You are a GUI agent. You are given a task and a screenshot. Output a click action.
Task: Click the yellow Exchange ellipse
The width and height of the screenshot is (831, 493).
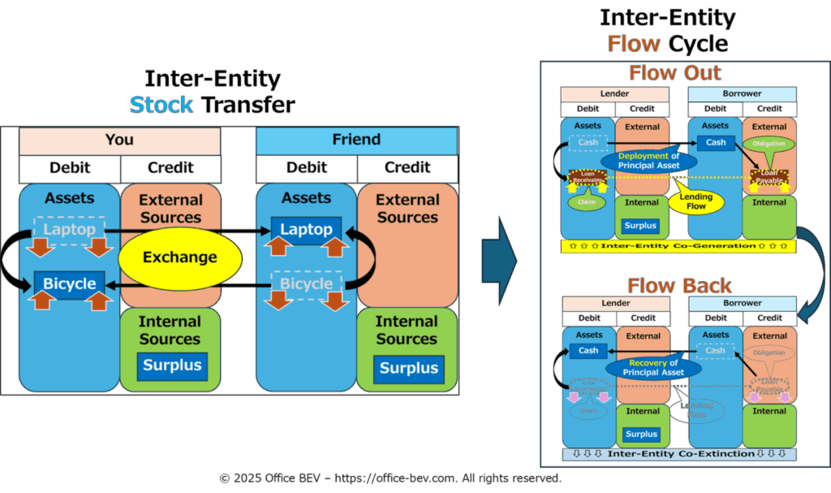click(180, 257)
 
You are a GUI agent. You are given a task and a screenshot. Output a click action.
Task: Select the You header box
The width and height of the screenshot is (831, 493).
click(119, 140)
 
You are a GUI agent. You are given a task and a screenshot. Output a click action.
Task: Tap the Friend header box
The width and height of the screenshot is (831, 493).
click(356, 140)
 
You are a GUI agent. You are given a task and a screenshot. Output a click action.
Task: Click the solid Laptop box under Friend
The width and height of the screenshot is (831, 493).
click(306, 230)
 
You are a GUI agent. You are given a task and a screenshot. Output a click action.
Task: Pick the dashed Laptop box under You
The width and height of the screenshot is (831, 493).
click(69, 230)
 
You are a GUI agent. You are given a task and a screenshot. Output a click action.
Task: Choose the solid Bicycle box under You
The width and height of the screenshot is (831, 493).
click(69, 283)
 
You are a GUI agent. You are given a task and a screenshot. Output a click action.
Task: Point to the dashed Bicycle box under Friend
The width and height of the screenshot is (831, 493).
click(306, 283)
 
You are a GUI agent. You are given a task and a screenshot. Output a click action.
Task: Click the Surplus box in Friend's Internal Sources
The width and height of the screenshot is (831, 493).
click(409, 368)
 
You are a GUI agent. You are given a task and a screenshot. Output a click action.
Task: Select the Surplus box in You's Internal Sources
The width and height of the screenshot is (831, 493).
click(172, 365)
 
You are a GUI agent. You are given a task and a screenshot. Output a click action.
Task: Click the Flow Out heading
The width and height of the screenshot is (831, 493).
click(675, 73)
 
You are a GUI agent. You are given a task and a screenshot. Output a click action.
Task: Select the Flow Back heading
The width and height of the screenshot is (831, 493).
click(679, 286)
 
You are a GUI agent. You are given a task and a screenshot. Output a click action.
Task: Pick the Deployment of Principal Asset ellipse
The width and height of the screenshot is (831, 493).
click(649, 161)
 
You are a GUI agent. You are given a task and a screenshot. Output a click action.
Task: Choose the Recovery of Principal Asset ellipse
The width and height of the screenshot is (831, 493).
click(654, 367)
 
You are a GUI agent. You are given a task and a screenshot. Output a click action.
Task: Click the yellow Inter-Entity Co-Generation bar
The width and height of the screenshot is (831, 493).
click(678, 245)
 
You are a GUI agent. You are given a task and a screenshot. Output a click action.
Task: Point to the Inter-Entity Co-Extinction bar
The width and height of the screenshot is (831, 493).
click(678, 454)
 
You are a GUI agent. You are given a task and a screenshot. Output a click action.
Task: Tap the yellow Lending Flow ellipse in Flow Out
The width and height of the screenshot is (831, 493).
click(695, 201)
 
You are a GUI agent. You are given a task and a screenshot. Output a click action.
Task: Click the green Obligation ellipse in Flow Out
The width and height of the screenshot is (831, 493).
click(769, 144)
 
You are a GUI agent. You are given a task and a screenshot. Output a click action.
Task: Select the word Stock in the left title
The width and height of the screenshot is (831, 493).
click(161, 105)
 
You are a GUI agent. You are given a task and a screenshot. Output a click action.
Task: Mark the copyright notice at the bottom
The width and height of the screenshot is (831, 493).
click(390, 478)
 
